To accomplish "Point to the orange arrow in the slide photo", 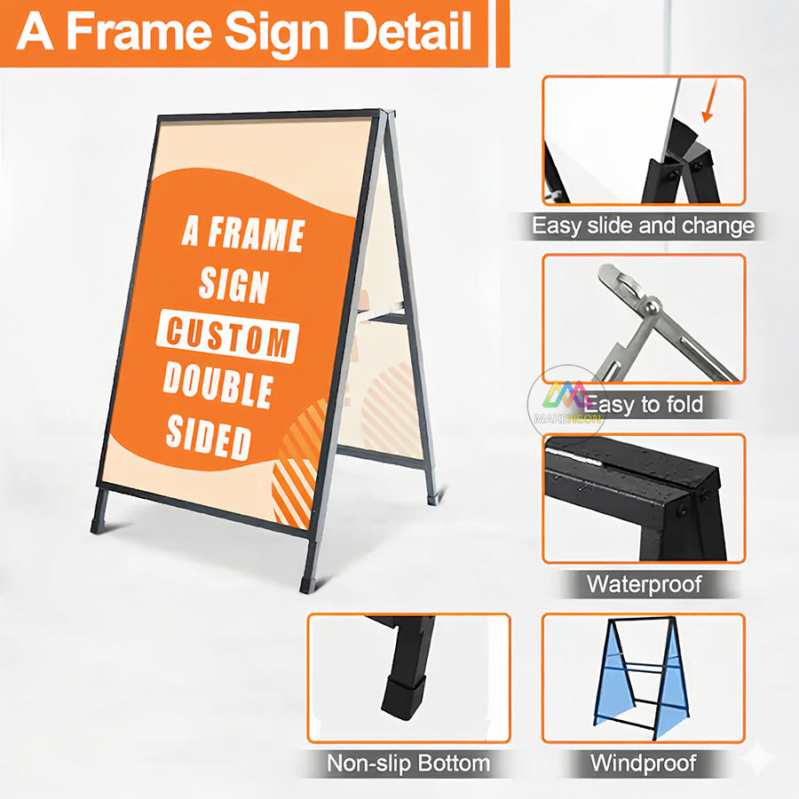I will click(708, 110).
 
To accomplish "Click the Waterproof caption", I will click(644, 584).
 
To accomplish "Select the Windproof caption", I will click(644, 762).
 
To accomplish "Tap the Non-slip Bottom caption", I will click(408, 762).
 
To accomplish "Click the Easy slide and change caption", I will click(644, 225).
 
